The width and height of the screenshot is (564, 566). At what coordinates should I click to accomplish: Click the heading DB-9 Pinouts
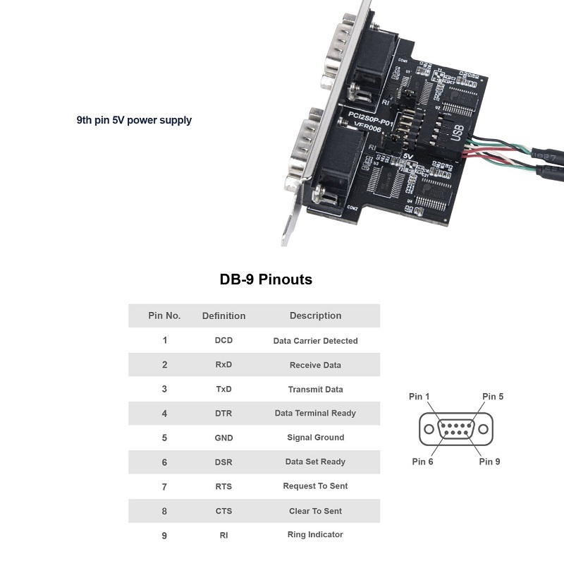pos(266,279)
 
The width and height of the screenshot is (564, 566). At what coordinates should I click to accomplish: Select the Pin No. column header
pos(164,315)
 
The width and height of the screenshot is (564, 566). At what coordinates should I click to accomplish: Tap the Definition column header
pos(223,315)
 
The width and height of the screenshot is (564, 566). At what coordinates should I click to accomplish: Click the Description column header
pos(315,315)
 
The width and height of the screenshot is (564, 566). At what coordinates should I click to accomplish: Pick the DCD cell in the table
pos(223,340)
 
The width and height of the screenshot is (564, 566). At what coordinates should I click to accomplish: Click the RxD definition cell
pos(223,365)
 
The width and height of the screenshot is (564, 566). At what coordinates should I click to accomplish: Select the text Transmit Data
pos(315,390)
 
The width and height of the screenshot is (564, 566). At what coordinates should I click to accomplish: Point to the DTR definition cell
pos(223,414)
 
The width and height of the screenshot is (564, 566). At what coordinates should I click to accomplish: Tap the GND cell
pos(223,438)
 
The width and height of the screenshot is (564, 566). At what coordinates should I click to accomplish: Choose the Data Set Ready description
pos(315,462)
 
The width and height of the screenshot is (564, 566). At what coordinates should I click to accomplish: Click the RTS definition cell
pos(223,486)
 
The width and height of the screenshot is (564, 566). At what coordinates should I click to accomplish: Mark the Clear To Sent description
pos(315,511)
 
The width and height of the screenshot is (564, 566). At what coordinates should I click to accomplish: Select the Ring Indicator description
pos(315,535)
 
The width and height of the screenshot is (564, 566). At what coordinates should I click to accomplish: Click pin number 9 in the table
pos(164,536)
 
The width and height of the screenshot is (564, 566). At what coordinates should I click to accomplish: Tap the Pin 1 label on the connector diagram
pos(419,397)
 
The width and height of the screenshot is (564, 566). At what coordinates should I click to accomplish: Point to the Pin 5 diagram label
pos(493,397)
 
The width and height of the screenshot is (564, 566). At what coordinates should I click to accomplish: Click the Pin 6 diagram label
pos(422,462)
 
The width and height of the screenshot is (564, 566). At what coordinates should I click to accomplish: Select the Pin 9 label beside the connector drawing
pos(489,462)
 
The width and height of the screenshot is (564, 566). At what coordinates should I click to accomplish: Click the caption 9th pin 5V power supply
pos(134,120)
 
